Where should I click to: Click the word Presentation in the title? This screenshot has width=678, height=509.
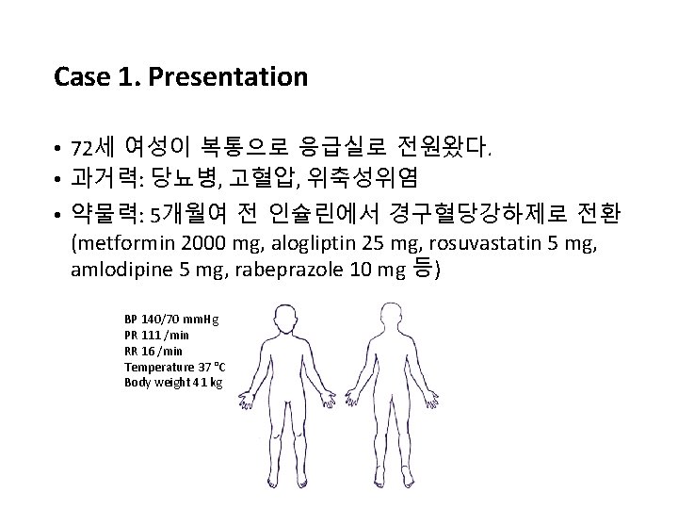(x=240, y=76)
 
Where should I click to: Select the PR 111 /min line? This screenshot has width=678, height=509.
(x=158, y=336)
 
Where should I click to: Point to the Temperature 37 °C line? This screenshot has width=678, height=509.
(x=174, y=366)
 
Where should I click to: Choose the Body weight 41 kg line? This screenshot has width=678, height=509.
(x=173, y=381)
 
